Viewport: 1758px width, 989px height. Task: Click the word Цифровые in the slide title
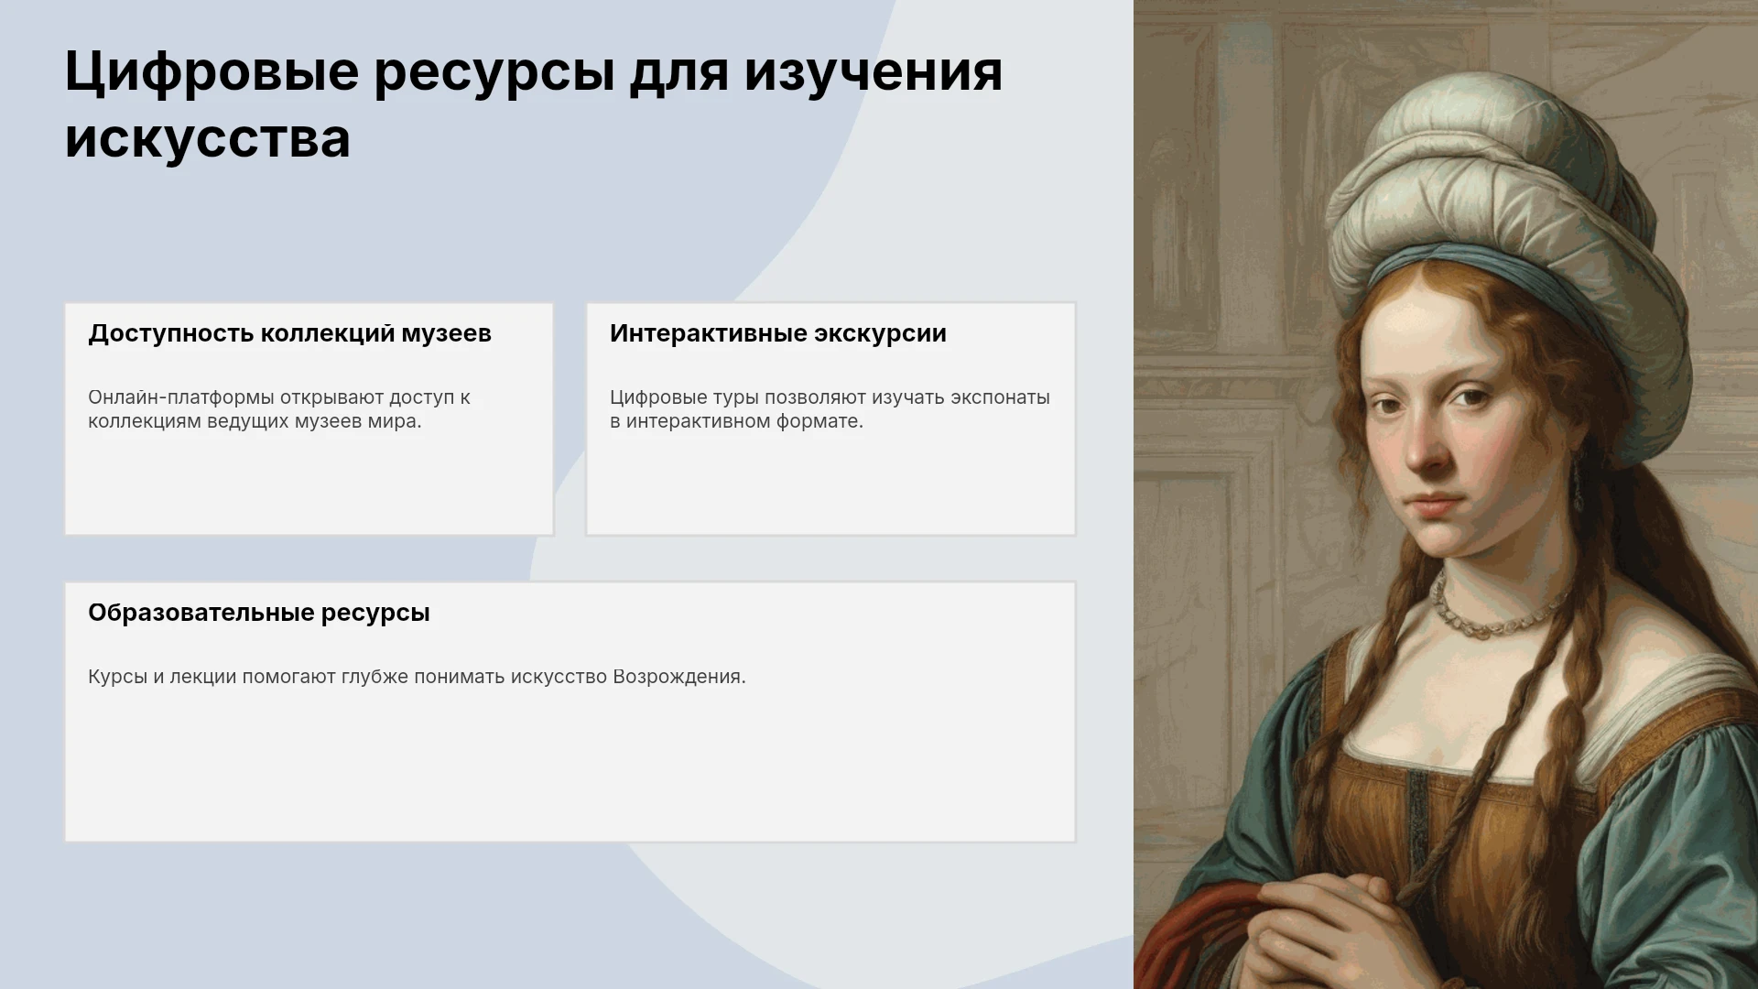coord(212,72)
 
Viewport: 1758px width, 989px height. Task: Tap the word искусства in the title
coord(208,139)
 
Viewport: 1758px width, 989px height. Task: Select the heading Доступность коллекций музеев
coord(289,334)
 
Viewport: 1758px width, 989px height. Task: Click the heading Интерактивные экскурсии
coord(778,334)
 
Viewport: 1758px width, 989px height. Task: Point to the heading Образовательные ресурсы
coord(259,614)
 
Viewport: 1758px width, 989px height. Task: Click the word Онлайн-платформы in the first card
coord(181,398)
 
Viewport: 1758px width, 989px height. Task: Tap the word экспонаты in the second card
coord(1000,398)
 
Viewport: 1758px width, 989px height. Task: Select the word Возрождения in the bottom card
coord(679,678)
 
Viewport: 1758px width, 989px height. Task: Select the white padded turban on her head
coord(1502,211)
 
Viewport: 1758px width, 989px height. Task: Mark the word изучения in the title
coord(874,72)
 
